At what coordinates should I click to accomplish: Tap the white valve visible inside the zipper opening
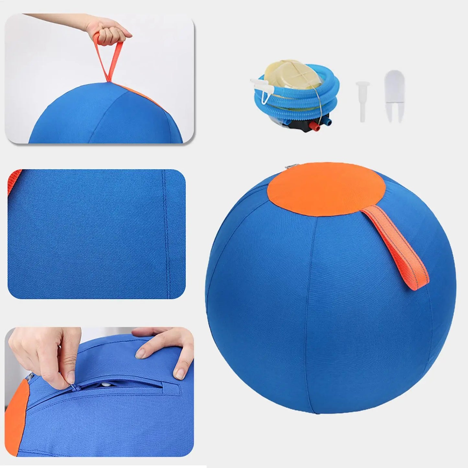click(106, 384)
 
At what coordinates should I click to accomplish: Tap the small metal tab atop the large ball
click(288, 167)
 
